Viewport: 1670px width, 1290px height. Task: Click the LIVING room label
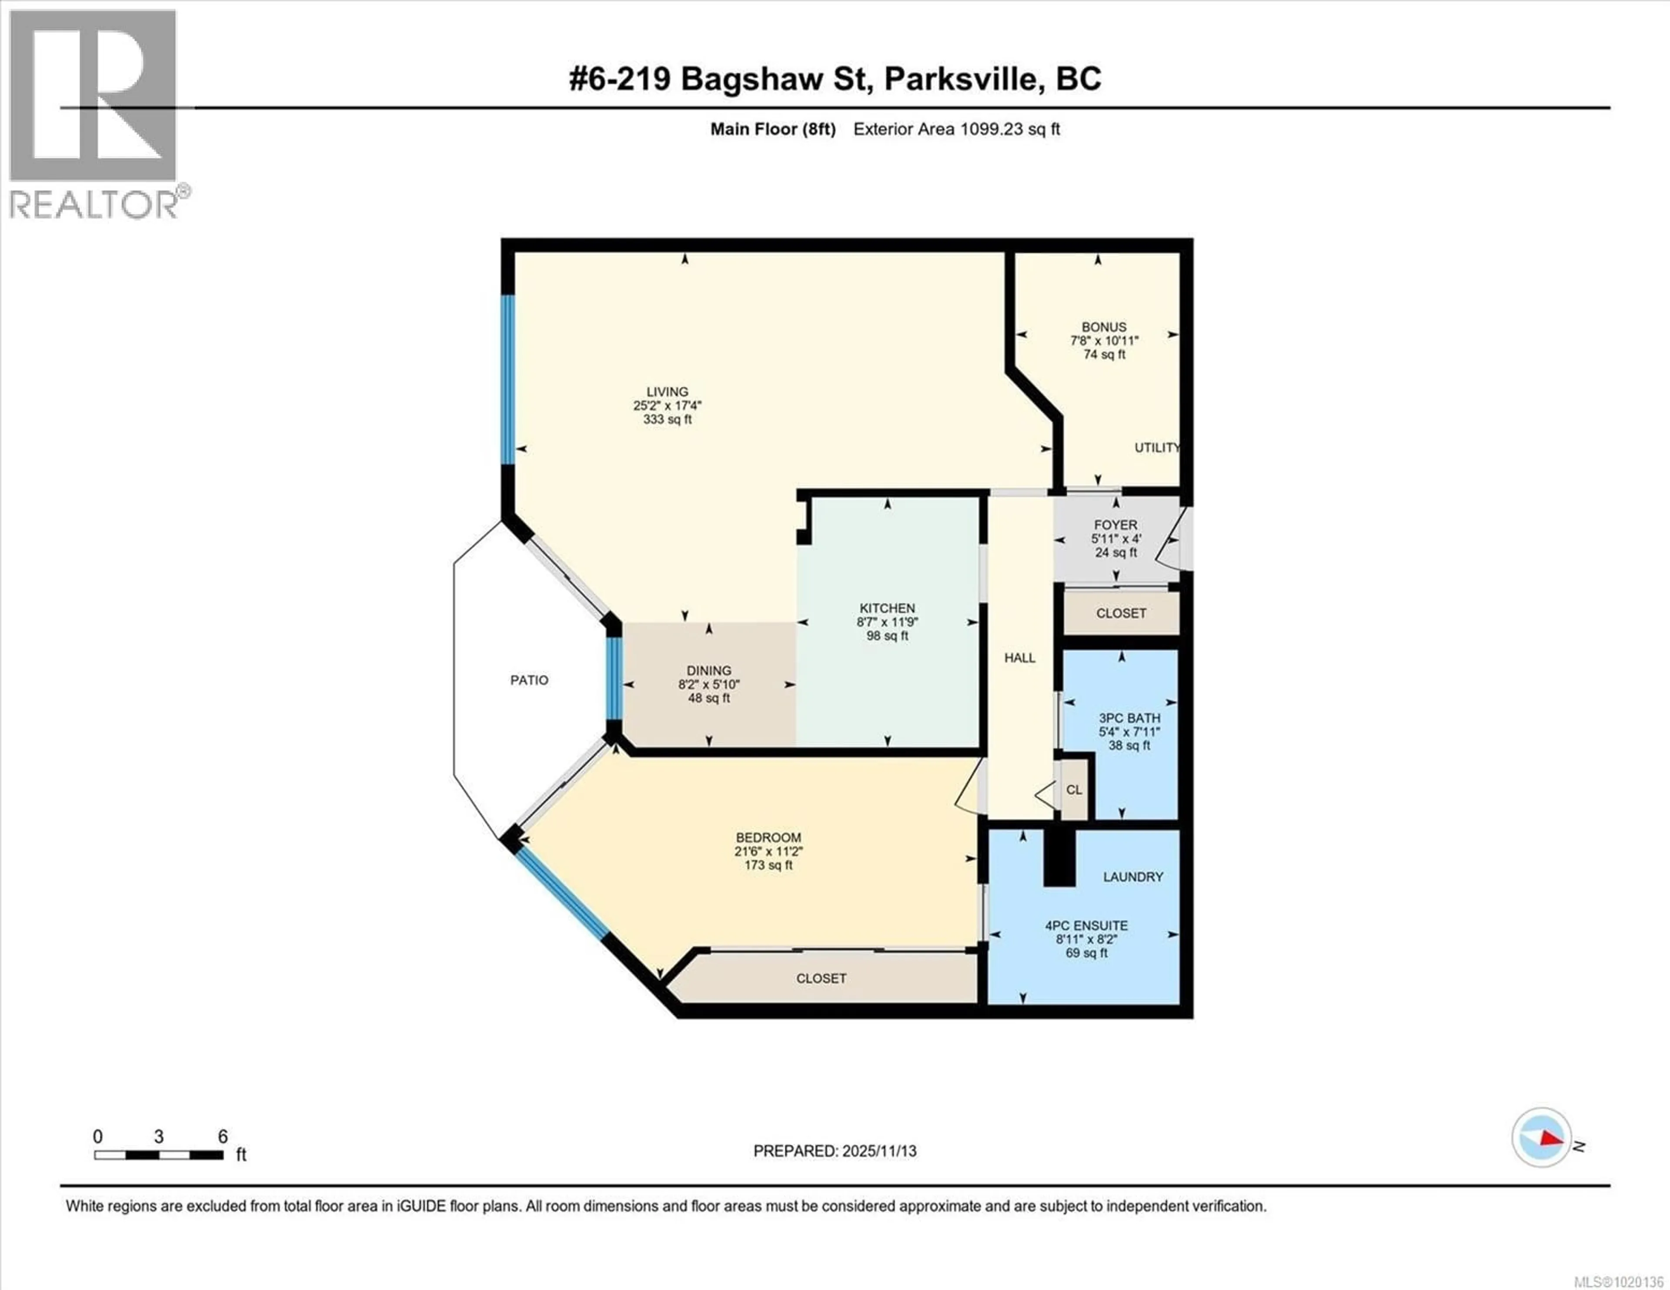pyautogui.click(x=667, y=391)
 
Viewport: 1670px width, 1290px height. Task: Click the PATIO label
pyautogui.click(x=529, y=680)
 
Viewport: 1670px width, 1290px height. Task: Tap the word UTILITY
pyautogui.click(x=1156, y=447)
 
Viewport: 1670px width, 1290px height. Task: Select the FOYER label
pyautogui.click(x=1115, y=524)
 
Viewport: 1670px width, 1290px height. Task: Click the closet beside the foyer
pyautogui.click(x=1121, y=613)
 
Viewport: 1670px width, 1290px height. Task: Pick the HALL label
pyautogui.click(x=1019, y=658)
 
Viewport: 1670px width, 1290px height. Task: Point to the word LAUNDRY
pyautogui.click(x=1132, y=877)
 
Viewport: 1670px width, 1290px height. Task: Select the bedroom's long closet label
pyautogui.click(x=821, y=978)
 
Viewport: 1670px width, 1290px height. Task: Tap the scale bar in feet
pyautogui.click(x=159, y=1155)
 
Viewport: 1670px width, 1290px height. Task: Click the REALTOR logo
pyautogui.click(x=94, y=115)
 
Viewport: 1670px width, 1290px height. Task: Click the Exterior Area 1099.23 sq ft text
pyautogui.click(x=956, y=129)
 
